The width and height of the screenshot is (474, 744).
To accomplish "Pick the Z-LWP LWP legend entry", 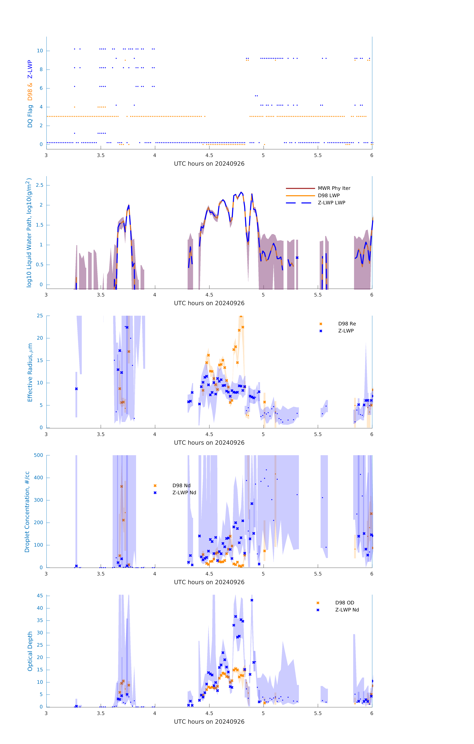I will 331,203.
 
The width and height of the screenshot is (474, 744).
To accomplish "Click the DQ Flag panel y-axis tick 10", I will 40,51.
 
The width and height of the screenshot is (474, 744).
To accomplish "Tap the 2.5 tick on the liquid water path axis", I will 40,185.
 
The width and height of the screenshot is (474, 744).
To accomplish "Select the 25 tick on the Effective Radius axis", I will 40,316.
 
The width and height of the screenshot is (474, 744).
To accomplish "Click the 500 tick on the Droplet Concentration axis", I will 38,455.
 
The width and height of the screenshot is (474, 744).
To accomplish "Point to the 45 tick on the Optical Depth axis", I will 40,596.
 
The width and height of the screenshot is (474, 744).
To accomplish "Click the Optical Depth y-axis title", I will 30,651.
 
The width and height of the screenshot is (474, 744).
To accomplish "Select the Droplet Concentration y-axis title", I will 27,512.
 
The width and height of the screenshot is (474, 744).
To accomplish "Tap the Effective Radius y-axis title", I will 30,372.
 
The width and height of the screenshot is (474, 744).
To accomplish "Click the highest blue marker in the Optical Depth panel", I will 252,600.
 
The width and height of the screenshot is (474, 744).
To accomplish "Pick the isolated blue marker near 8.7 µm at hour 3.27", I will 76,389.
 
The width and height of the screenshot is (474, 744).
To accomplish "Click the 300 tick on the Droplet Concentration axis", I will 38,500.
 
